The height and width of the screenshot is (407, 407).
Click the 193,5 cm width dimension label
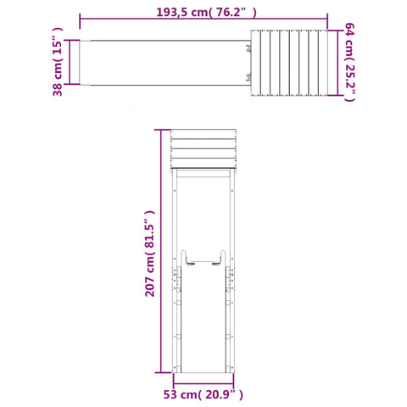[207, 13]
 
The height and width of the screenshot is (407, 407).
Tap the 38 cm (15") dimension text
[58, 62]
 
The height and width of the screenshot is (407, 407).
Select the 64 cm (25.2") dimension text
[349, 62]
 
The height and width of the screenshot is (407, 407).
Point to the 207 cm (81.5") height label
[150, 254]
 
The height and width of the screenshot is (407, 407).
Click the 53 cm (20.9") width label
[203, 394]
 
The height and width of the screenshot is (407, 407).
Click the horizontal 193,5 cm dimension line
[203, 19]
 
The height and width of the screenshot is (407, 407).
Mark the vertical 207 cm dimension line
[161, 251]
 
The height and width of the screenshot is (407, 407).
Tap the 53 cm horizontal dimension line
[203, 383]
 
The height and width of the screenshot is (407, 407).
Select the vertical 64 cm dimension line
[337, 63]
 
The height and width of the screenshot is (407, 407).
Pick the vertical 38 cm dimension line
[70, 62]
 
